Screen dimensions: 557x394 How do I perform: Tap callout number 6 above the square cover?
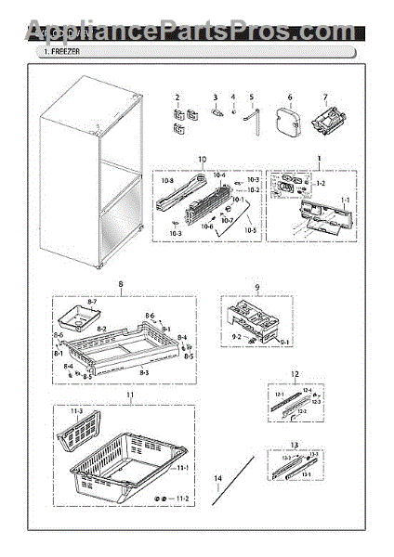click(x=289, y=97)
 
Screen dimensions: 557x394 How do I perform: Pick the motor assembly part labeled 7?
click(x=327, y=122)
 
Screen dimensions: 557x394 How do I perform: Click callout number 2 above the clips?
click(x=177, y=97)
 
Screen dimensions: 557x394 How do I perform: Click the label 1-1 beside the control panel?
click(x=346, y=201)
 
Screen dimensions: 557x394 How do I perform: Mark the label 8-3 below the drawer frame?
click(x=143, y=371)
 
